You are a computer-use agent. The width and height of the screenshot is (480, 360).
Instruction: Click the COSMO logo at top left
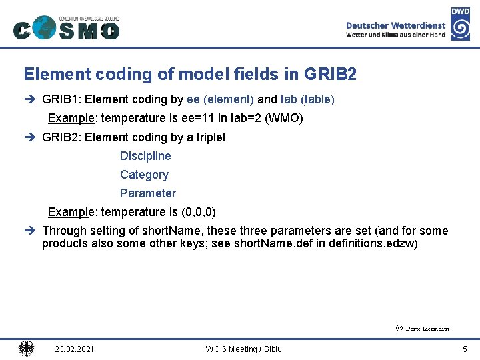66,27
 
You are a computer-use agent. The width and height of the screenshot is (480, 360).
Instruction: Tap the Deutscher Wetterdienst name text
395,25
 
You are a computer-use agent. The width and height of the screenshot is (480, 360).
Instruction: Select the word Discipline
145,156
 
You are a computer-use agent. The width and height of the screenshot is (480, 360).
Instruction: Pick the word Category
144,175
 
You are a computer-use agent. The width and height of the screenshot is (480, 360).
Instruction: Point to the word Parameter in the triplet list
148,193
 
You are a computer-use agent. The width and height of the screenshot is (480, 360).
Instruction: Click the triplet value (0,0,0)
199,212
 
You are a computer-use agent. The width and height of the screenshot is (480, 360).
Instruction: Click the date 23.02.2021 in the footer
74,349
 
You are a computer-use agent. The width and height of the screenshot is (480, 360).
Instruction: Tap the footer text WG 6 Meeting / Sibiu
243,349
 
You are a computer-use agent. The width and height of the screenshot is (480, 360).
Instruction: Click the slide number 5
465,349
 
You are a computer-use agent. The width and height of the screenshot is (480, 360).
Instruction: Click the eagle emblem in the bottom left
27,348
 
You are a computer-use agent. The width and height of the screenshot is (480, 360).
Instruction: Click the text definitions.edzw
373,244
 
